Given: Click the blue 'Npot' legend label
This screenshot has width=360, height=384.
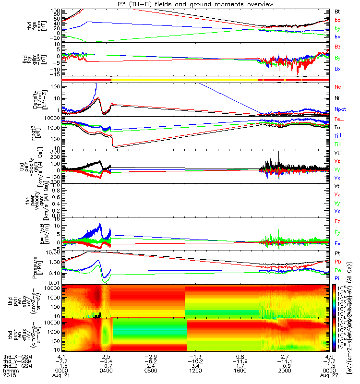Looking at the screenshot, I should [340, 109].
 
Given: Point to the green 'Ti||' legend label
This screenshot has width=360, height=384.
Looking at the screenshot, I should [338, 144].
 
